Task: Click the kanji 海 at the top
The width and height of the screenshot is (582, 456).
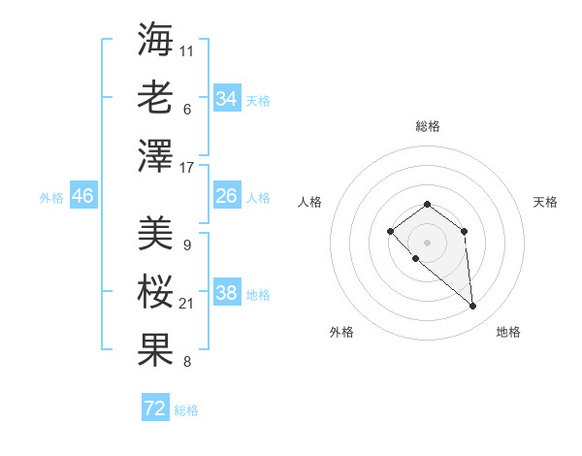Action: click(155, 40)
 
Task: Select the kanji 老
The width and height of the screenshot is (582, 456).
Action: click(155, 98)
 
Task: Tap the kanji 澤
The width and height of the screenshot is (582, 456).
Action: click(155, 156)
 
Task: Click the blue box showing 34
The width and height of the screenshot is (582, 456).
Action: click(227, 99)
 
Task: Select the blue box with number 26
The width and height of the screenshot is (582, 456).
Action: click(227, 196)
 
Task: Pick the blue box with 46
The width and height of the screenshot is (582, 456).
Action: click(83, 196)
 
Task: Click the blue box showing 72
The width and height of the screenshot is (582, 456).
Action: click(155, 408)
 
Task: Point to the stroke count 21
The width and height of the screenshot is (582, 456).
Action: click(187, 305)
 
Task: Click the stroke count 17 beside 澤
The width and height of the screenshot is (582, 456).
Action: click(187, 168)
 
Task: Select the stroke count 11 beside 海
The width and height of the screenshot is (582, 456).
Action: click(187, 50)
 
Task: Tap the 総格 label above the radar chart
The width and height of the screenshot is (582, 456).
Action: click(427, 126)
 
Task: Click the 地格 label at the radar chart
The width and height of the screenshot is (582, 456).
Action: click(508, 332)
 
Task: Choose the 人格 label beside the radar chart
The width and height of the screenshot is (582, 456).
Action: click(309, 202)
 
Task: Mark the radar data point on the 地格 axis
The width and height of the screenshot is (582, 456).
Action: click(473, 307)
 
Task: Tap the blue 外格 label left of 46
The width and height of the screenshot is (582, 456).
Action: click(51, 198)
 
